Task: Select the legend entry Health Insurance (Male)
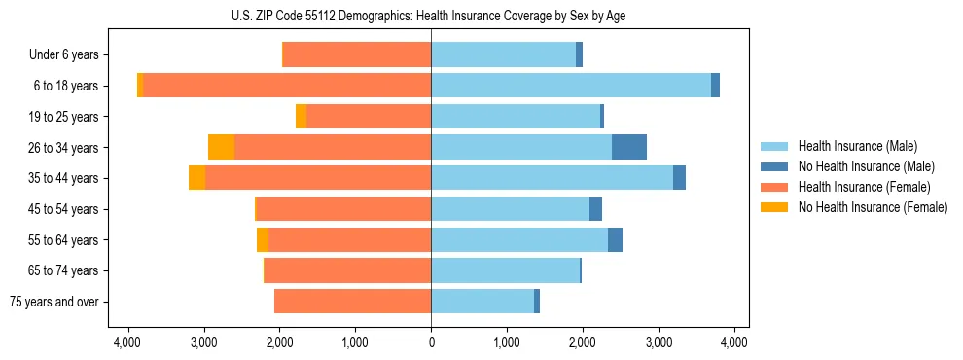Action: pos(852,146)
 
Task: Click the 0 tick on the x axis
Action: pos(431,342)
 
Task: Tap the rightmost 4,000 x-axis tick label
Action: pos(734,342)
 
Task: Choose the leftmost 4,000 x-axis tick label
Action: pos(128,342)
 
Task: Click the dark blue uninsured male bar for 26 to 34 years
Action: pos(629,147)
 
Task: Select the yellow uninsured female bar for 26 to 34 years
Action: pos(222,147)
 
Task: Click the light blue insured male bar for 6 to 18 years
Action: pos(571,86)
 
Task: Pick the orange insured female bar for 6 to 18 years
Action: pos(287,86)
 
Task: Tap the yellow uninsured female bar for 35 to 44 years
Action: pos(197,178)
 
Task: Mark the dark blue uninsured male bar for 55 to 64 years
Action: pos(615,239)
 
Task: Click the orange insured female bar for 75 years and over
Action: pos(352,302)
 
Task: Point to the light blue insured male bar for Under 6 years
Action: pos(503,55)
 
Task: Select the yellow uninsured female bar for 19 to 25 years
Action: pos(302,117)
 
